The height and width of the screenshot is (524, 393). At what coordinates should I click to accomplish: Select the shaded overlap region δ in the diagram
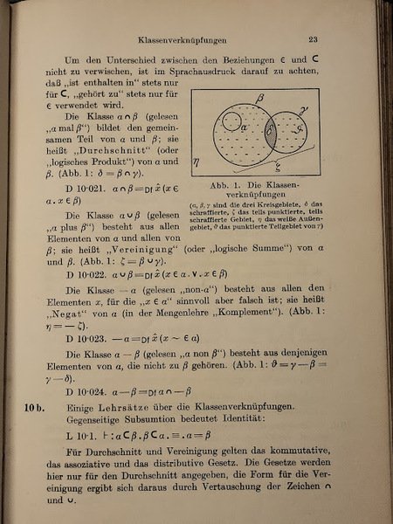click(271, 137)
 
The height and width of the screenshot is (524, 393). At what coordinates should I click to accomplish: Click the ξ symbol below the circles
click(278, 169)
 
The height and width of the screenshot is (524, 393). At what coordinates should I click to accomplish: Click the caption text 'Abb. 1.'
click(231, 185)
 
